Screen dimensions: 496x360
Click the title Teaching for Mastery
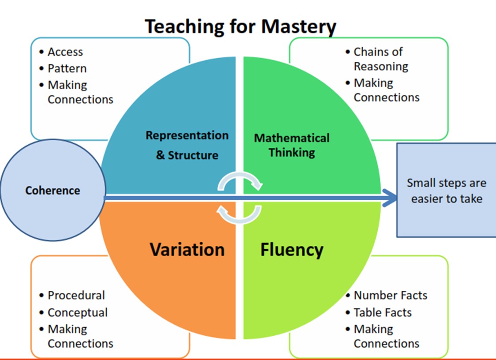tap(240, 26)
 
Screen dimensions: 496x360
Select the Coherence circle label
tap(53, 191)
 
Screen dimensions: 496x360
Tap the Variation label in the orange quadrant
tap(187, 250)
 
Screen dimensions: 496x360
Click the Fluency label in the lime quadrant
tap(292, 250)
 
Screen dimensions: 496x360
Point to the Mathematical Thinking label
tap(292, 145)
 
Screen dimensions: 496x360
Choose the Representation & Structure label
tap(187, 145)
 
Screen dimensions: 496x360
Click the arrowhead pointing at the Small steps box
tap(390, 198)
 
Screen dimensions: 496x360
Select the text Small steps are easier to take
tap(446, 191)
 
